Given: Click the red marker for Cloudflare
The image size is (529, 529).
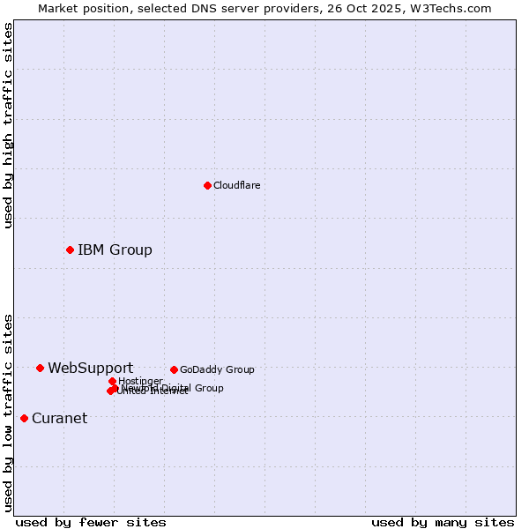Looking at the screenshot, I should click(207, 185).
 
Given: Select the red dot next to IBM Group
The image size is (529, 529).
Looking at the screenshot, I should click(70, 250).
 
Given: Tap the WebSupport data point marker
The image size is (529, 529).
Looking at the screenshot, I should click(40, 368).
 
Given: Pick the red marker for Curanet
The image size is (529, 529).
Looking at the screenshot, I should click(24, 418).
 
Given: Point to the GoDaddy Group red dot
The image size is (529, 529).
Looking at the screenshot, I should click(174, 369).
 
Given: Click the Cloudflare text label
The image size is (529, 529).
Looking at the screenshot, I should click(236, 185).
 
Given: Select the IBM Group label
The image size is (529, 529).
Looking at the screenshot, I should click(115, 250).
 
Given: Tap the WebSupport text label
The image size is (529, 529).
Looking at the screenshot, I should click(90, 368).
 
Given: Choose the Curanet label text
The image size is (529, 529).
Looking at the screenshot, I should click(59, 418).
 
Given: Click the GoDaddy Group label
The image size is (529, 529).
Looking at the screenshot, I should click(217, 369).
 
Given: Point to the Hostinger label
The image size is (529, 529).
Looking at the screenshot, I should click(140, 381).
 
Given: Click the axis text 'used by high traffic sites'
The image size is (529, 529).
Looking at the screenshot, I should click(8, 125).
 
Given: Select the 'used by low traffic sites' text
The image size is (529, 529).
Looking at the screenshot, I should click(8, 412).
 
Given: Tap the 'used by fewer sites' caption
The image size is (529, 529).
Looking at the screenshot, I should click(91, 522).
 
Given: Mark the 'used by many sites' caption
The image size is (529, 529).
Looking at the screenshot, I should click(443, 522).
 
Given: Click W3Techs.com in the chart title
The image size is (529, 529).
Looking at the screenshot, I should click(448, 8).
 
